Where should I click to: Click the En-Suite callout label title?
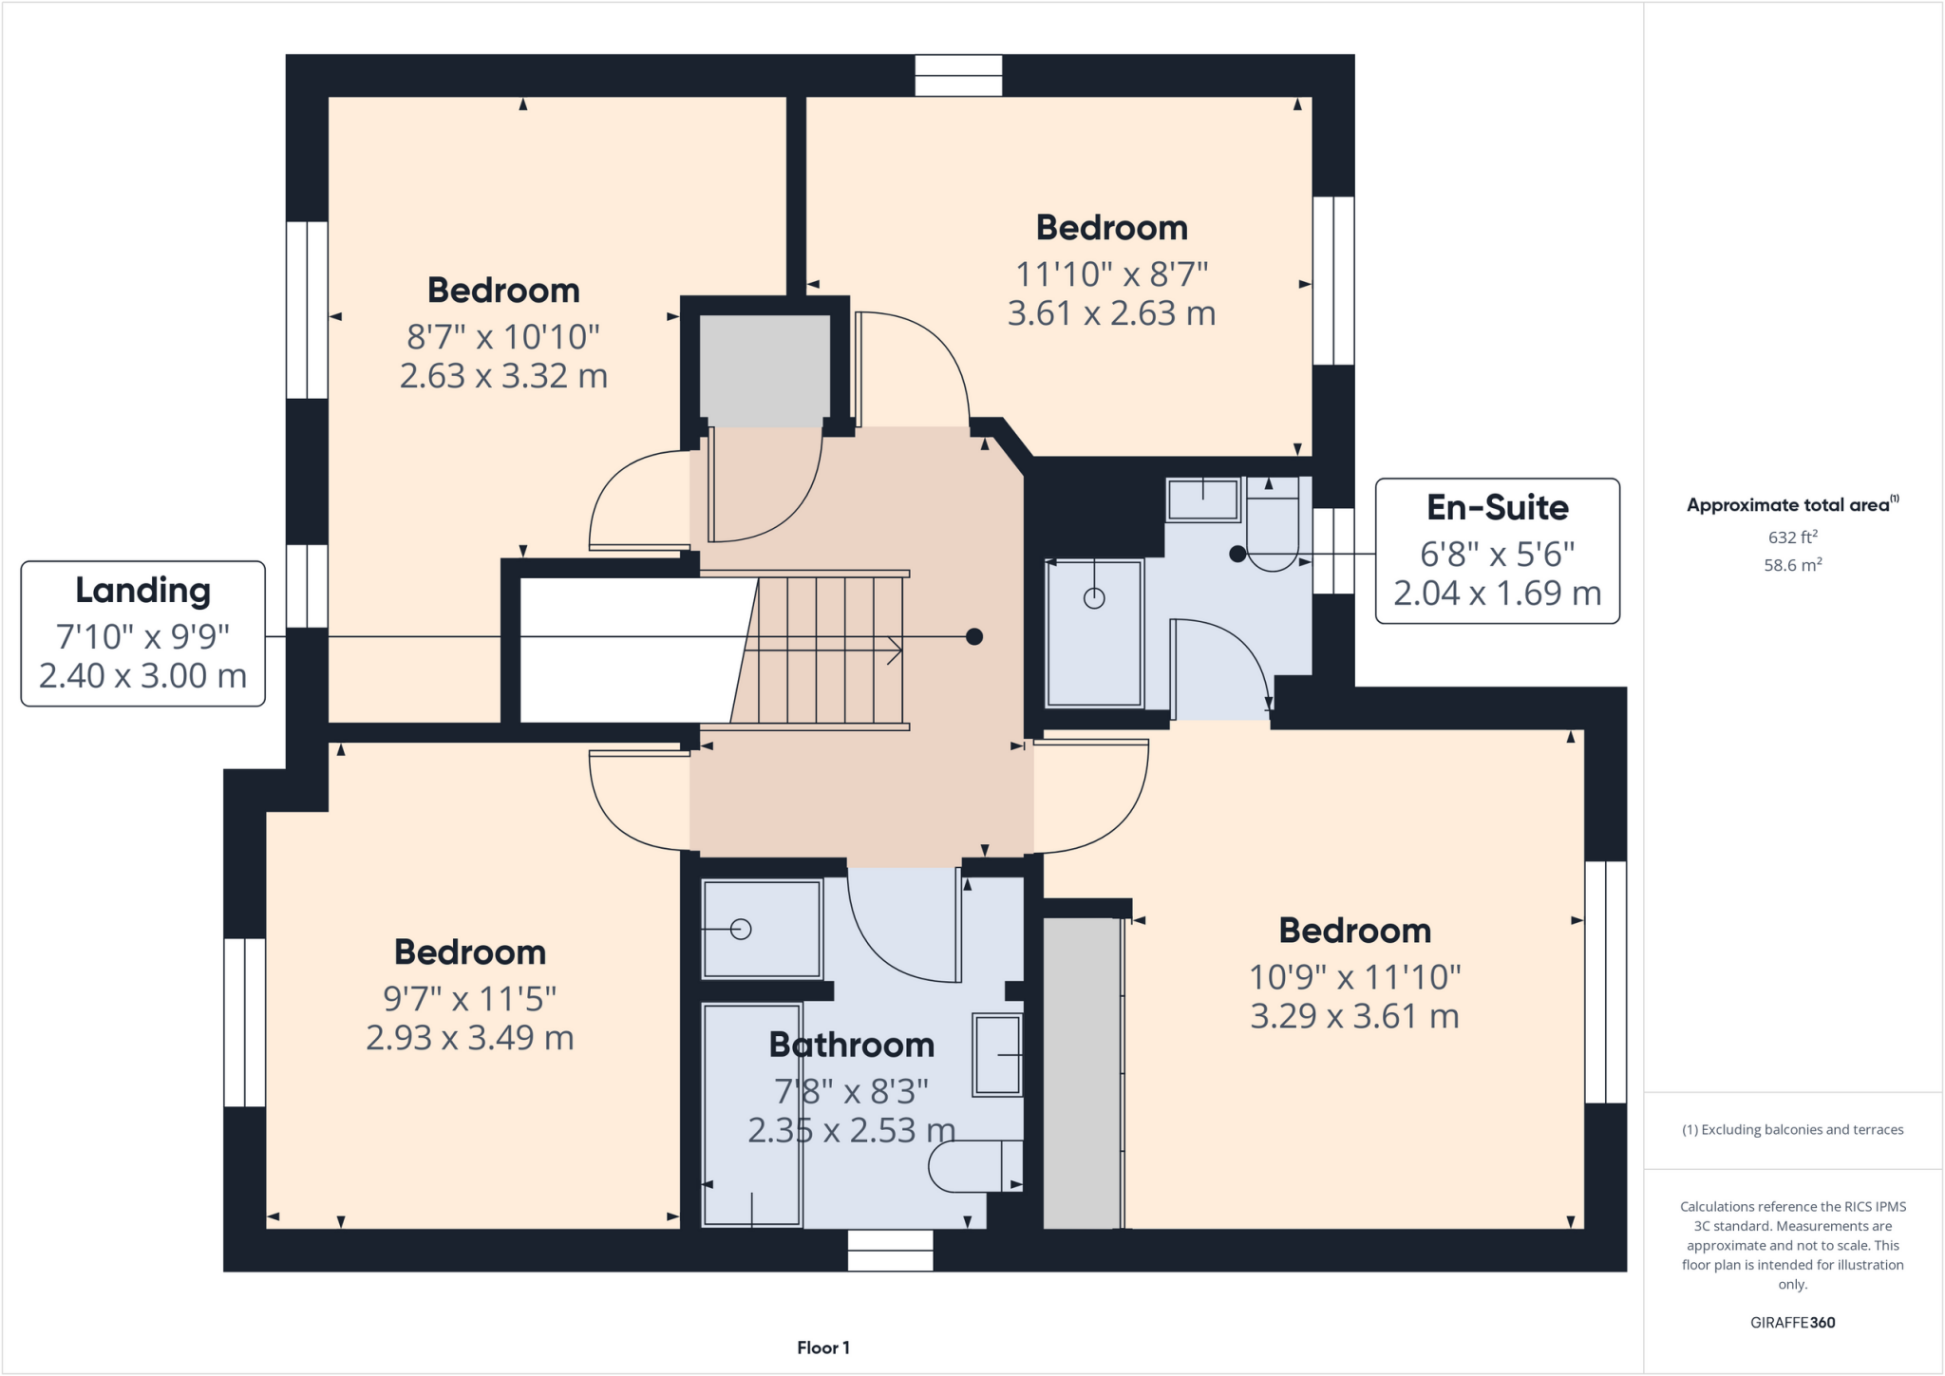[x=1497, y=508]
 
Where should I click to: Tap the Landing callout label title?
[x=142, y=591]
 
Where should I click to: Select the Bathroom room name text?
[x=852, y=1045]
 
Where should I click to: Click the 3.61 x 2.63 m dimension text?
[x=1111, y=313]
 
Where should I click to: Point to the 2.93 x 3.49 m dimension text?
[x=470, y=1038]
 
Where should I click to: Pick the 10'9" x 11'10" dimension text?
[x=1354, y=976]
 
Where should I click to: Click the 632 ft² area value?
[x=1792, y=537]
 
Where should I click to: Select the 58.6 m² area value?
[x=1792, y=565]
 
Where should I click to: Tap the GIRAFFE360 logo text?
[x=1792, y=1322]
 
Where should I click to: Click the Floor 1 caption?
[x=822, y=1348]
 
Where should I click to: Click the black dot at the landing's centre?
[x=973, y=636]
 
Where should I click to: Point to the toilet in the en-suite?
[x=1273, y=532]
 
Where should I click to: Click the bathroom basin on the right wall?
[x=997, y=1055]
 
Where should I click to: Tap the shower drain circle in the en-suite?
[x=1094, y=598]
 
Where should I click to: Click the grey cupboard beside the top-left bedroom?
[x=765, y=370]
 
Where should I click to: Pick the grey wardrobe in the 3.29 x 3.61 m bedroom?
[x=1082, y=1073]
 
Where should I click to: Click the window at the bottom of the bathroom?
[x=890, y=1251]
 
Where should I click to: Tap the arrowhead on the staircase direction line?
[x=896, y=650]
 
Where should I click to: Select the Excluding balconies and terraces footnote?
[x=1792, y=1129]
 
